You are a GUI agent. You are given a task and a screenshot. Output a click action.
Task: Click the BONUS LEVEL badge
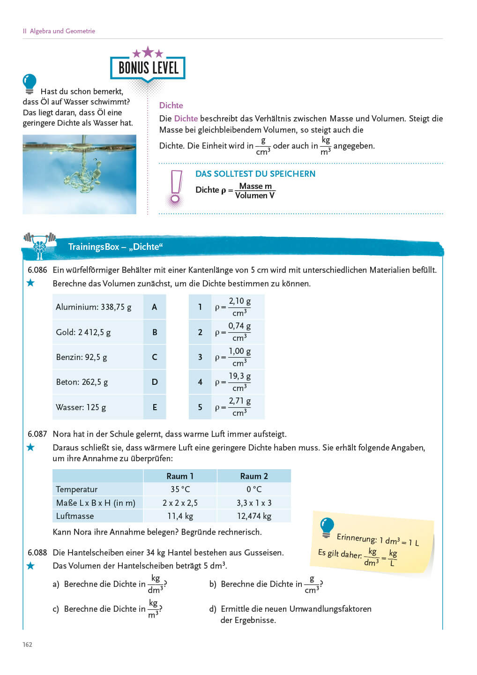point(148,67)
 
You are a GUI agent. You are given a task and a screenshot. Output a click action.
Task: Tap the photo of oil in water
point(79,174)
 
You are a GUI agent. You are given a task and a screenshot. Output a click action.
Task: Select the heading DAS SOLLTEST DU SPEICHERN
point(255,174)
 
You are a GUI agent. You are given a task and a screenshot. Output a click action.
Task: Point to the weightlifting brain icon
point(40,245)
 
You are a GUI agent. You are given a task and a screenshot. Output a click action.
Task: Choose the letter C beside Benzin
point(155,357)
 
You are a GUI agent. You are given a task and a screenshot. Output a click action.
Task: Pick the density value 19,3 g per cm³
point(239,382)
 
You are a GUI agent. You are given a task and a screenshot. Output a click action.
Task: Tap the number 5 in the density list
point(200,407)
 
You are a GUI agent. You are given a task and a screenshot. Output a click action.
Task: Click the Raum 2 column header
point(254,476)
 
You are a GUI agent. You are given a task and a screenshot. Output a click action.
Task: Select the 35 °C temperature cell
point(180,489)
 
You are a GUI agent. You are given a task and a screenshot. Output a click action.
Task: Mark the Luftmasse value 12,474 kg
point(254,516)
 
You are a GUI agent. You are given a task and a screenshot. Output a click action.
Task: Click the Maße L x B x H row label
point(96,503)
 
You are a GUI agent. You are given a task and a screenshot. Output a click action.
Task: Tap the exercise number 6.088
point(37,553)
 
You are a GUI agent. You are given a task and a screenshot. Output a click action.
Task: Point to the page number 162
point(28,645)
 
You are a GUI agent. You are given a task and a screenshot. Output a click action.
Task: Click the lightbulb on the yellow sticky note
point(327,527)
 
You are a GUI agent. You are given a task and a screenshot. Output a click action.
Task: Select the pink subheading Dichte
point(171,105)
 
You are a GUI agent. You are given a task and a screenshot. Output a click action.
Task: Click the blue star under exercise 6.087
point(30,447)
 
